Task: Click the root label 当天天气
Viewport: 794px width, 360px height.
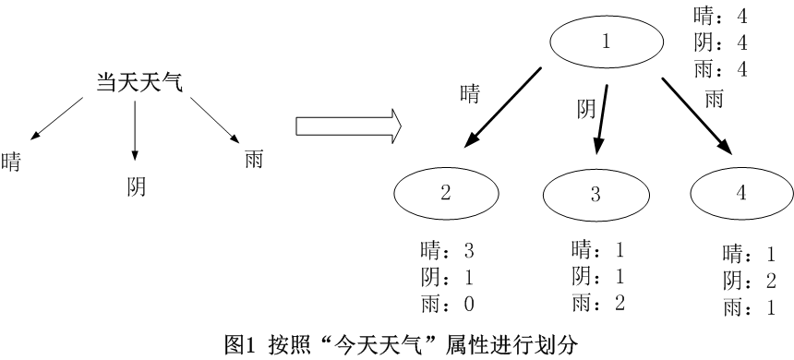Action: pyautogui.click(x=140, y=82)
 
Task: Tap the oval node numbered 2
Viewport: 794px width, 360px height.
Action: pyautogui.click(x=446, y=193)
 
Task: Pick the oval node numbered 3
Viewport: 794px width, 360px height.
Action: pyautogui.click(x=595, y=194)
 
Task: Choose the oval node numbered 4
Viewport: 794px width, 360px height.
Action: pyautogui.click(x=741, y=193)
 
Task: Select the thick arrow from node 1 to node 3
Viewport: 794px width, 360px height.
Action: pyautogui.click(x=602, y=117)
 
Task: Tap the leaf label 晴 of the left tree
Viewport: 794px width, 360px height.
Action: pyautogui.click(x=12, y=161)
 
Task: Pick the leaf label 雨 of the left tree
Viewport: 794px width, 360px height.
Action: pyautogui.click(x=254, y=160)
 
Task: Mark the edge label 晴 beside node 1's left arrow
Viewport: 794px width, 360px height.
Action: pyautogui.click(x=470, y=93)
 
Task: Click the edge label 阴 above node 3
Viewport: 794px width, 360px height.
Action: pyautogui.click(x=585, y=110)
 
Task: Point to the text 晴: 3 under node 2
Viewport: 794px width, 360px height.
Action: pyautogui.click(x=447, y=249)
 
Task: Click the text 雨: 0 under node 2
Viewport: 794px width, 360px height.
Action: pyautogui.click(x=447, y=303)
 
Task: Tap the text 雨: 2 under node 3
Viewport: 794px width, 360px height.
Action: pyautogui.click(x=599, y=302)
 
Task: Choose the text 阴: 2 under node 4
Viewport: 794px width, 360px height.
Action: pyautogui.click(x=749, y=282)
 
